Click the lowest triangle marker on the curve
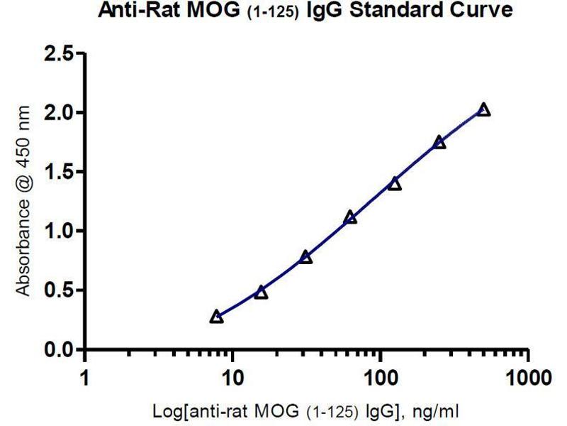[217, 317]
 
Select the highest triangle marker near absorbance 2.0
[483, 109]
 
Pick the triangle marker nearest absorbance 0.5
[261, 293]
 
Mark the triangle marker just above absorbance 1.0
[350, 217]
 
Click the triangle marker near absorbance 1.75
[439, 142]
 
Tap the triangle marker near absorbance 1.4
[395, 184]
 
